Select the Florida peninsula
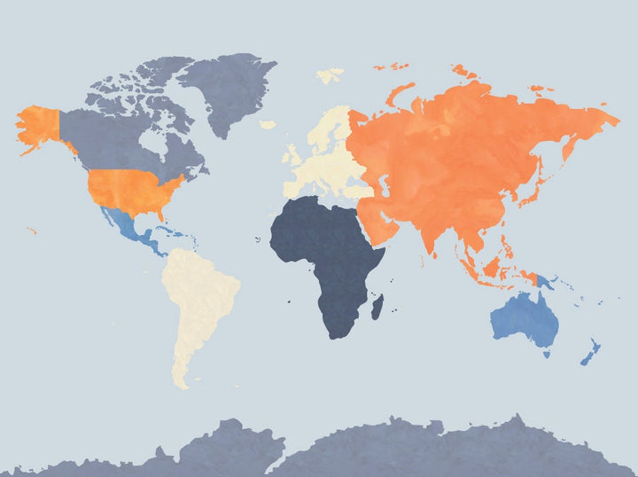pyautogui.click(x=162, y=215)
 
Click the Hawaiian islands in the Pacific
pyautogui.click(x=32, y=231)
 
